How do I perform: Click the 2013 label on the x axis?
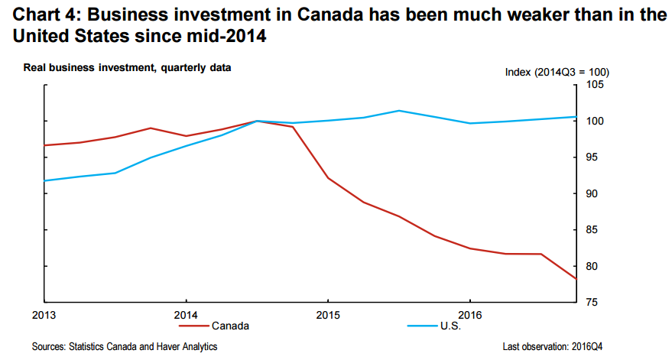tap(44, 314)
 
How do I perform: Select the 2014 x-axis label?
tap(187, 314)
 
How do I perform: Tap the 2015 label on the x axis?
tap(328, 314)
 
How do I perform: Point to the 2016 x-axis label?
tap(469, 314)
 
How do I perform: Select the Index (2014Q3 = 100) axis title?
tap(557, 72)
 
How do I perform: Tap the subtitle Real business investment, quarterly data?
tap(127, 68)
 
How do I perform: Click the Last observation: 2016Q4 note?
tap(557, 347)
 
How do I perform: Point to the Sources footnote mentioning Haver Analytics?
tap(125, 347)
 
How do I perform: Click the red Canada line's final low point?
tap(576, 279)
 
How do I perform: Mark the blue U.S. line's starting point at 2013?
tap(45, 180)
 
